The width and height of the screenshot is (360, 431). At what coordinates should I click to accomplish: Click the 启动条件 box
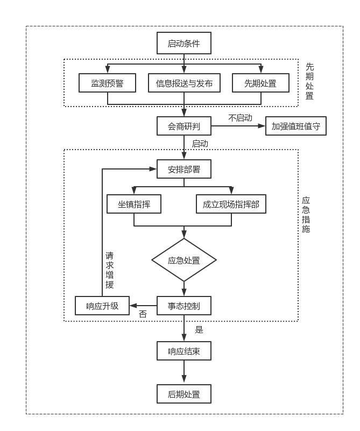pos(184,44)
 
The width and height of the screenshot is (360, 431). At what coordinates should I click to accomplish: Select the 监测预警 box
pos(107,83)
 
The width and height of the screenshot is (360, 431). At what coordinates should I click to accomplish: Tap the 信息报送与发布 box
pos(184,83)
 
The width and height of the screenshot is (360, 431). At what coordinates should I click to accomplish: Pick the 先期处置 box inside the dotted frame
pos(260,83)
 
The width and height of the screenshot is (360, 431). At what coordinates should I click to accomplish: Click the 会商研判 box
pos(184,126)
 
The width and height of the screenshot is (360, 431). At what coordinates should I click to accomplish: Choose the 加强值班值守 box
pos(296,126)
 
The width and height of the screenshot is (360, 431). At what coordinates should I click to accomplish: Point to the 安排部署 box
pos(184,169)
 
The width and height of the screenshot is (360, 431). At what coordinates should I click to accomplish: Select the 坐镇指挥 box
pos(134,204)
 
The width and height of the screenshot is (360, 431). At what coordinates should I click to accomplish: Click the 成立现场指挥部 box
pos(231,204)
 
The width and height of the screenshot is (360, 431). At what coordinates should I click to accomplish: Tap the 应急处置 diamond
pos(184,260)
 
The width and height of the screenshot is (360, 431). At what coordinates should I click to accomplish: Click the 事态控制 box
pos(184,306)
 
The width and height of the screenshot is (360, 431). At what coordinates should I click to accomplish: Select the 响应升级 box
pos(102,306)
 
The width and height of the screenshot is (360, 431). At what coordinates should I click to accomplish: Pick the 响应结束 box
pos(184,351)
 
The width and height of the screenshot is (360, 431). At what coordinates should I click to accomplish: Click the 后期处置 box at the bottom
pos(184,394)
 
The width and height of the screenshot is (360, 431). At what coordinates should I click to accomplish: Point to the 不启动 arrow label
pos(240,118)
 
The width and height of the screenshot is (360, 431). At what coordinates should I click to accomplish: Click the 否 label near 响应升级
pos(143,314)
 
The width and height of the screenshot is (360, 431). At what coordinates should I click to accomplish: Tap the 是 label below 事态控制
pos(199,329)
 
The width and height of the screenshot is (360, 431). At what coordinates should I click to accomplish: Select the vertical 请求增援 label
pos(110,270)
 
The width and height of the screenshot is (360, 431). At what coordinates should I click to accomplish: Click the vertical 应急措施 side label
pos(306,215)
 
